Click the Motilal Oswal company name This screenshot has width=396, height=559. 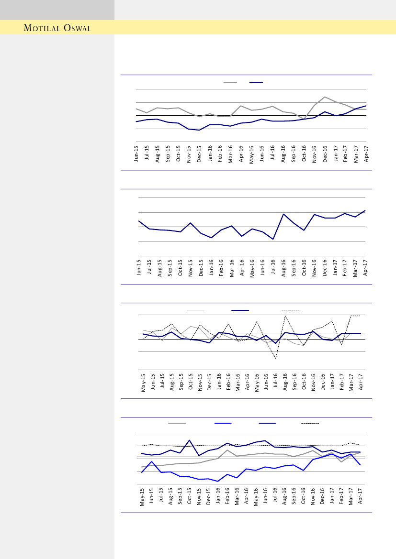coord(57,28)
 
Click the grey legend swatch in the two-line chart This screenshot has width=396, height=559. coord(230,82)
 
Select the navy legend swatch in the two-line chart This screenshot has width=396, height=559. coord(256,82)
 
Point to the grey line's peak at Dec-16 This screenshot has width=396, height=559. coord(325,97)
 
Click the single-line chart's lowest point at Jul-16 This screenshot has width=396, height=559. coord(273,239)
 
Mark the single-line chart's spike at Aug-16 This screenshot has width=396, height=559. coord(283,214)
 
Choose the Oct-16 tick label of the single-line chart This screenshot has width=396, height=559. coord(304,268)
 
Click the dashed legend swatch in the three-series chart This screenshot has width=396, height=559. coord(291,310)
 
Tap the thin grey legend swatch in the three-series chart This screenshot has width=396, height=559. coord(195,310)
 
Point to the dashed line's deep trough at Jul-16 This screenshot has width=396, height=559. coord(275,358)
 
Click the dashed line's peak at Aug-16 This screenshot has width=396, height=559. coord(285,316)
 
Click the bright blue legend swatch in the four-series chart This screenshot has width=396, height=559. coord(223,423)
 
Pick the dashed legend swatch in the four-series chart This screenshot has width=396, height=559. coord(310,423)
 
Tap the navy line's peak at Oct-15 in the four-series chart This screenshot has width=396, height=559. coord(190,440)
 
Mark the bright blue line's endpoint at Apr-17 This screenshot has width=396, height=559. coord(360,465)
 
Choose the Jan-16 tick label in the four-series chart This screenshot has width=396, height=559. coord(218,497)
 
